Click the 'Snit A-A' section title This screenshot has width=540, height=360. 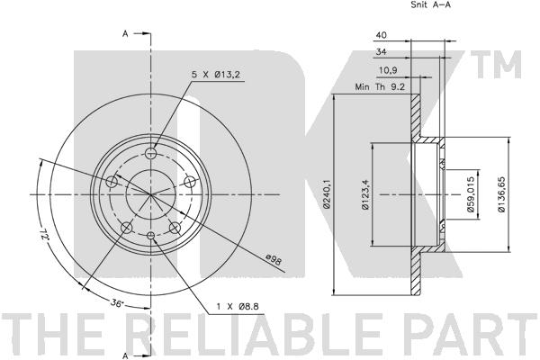pos(431,4)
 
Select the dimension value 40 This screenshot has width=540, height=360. pos(381,35)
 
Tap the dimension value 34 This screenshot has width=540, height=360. pos(381,52)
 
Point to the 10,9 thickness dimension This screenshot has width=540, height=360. pos(388,70)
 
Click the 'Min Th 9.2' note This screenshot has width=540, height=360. pos(380,87)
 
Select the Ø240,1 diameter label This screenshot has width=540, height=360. pos(328,194)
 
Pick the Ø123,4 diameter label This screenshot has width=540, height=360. pos(365,195)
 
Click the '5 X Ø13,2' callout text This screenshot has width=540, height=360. pos(216,74)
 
